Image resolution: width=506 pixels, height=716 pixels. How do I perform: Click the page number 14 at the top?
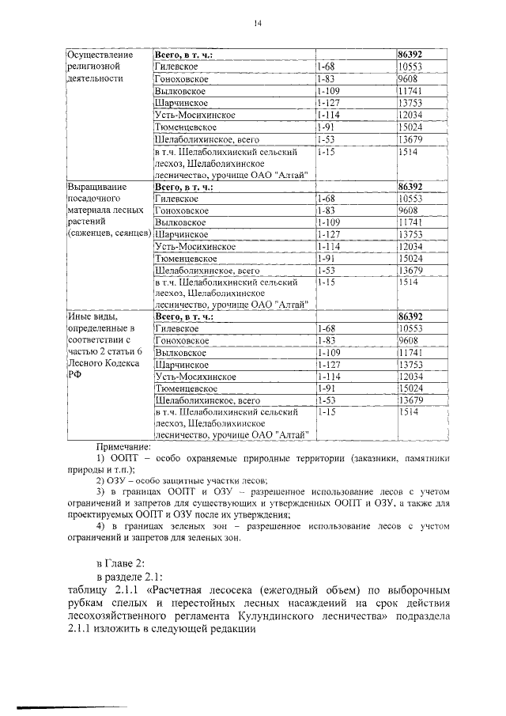257,25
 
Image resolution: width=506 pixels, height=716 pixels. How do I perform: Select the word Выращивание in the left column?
95,187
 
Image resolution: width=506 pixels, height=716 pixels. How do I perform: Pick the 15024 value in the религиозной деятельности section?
410,127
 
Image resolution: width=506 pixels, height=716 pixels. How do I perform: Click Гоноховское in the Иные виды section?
182,340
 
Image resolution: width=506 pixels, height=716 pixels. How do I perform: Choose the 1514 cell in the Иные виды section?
409,412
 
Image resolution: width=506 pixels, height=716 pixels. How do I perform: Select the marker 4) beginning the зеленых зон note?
100,526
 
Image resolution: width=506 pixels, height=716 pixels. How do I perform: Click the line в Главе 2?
121,563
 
